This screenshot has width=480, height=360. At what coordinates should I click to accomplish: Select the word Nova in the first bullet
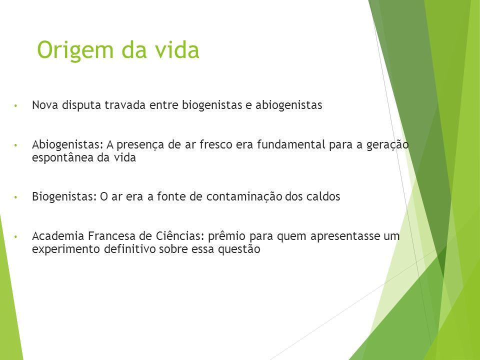coord(45,105)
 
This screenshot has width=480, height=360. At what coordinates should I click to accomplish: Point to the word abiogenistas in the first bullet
coord(288,105)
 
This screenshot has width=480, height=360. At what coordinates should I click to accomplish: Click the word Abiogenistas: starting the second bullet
coord(67,145)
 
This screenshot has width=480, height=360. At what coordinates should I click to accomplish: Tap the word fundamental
coord(291,144)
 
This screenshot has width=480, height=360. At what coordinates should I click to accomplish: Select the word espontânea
coord(63,158)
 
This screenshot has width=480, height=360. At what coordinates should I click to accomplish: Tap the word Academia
coord(58,236)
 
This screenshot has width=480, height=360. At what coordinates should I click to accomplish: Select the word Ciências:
coord(180,236)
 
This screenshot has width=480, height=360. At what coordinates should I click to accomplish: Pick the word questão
coord(239,249)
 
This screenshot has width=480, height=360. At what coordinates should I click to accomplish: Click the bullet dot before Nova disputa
coord(15,106)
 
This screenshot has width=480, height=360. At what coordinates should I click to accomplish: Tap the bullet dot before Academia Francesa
coord(15,237)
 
